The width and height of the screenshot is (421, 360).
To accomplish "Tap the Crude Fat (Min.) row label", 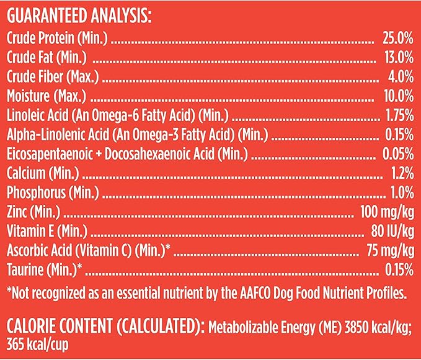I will tap(47, 58).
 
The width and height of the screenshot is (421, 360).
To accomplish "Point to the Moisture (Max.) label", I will tap(47, 97).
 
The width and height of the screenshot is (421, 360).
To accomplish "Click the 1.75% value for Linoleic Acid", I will tap(397, 116).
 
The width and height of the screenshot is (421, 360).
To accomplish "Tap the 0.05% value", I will tap(397, 155).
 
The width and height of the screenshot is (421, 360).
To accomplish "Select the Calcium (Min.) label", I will tap(42, 174).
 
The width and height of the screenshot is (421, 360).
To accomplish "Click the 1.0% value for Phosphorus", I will tap(400, 193).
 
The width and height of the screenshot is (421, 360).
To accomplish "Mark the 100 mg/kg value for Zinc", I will tap(387, 212).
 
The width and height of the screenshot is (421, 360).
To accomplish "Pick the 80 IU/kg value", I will tap(389, 232).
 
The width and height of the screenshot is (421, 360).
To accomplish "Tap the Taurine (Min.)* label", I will tap(45, 270).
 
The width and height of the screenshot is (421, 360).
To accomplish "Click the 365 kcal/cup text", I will tap(36, 343).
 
